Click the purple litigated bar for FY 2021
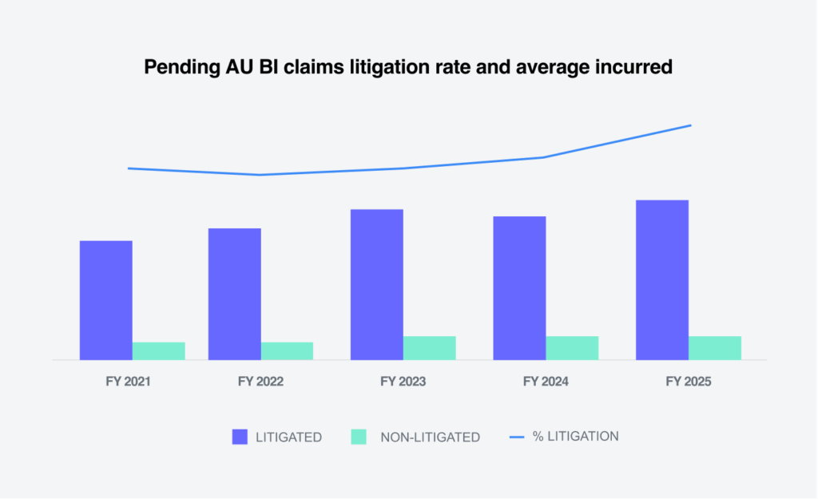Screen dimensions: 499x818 (106, 300)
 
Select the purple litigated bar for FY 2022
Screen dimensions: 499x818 (235, 294)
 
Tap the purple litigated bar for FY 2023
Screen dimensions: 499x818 (377, 284)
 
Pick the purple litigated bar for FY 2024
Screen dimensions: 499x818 (519, 288)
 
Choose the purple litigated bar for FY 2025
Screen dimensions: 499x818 (662, 279)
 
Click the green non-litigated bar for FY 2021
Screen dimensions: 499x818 (159, 351)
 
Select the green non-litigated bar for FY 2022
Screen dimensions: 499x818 (288, 351)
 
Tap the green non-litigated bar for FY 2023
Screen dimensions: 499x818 (430, 348)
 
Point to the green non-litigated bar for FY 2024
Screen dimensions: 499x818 (572, 348)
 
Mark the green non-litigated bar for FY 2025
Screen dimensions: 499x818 (715, 348)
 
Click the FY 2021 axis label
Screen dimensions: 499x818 (128, 382)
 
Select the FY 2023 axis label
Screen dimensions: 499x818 (403, 382)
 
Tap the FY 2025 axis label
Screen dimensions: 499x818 (689, 382)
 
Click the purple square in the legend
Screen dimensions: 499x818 (240, 437)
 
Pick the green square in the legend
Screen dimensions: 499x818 (359, 437)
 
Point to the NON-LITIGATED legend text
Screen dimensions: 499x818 (430, 438)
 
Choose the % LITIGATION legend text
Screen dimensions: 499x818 (575, 437)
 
